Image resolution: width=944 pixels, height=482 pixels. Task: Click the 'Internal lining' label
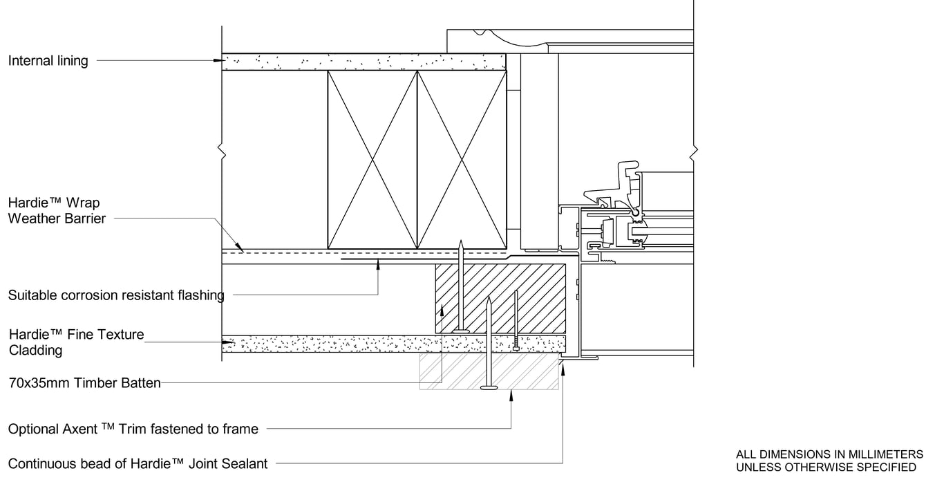click(x=48, y=61)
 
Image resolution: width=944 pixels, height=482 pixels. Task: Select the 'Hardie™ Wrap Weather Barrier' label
click(x=57, y=210)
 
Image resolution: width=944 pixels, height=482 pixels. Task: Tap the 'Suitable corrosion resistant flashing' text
click(x=116, y=295)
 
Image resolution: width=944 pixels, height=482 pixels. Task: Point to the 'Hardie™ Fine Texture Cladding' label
click(x=76, y=342)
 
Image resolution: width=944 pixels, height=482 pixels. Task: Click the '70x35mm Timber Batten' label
click(x=85, y=383)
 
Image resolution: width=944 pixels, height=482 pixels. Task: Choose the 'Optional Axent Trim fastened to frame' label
click(x=133, y=429)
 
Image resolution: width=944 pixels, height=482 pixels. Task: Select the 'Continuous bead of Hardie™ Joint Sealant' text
click(x=138, y=464)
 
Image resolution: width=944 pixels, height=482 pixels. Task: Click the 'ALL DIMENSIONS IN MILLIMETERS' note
click(x=829, y=454)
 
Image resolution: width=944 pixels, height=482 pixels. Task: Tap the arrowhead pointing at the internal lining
click(x=219, y=60)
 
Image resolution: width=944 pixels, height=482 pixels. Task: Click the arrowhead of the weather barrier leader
click(x=239, y=246)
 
